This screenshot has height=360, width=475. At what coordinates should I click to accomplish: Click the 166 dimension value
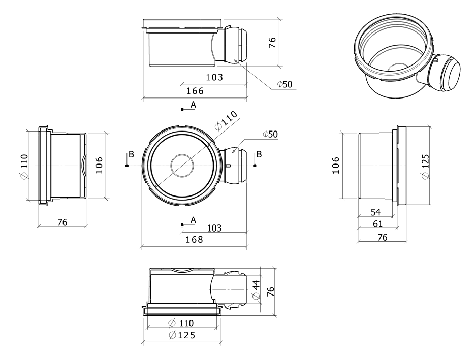(195, 91)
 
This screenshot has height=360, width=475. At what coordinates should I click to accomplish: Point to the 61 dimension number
(377, 223)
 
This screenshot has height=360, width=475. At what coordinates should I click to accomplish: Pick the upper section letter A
(193, 104)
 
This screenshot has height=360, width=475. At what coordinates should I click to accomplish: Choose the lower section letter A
(193, 219)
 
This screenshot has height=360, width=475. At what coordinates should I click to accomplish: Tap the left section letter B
(131, 154)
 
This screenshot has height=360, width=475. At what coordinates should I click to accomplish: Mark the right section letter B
(259, 154)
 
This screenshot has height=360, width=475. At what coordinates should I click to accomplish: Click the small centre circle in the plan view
(182, 166)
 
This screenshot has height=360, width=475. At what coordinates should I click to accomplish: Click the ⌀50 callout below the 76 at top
(284, 84)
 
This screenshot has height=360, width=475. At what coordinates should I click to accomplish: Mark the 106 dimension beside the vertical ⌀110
(99, 166)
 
